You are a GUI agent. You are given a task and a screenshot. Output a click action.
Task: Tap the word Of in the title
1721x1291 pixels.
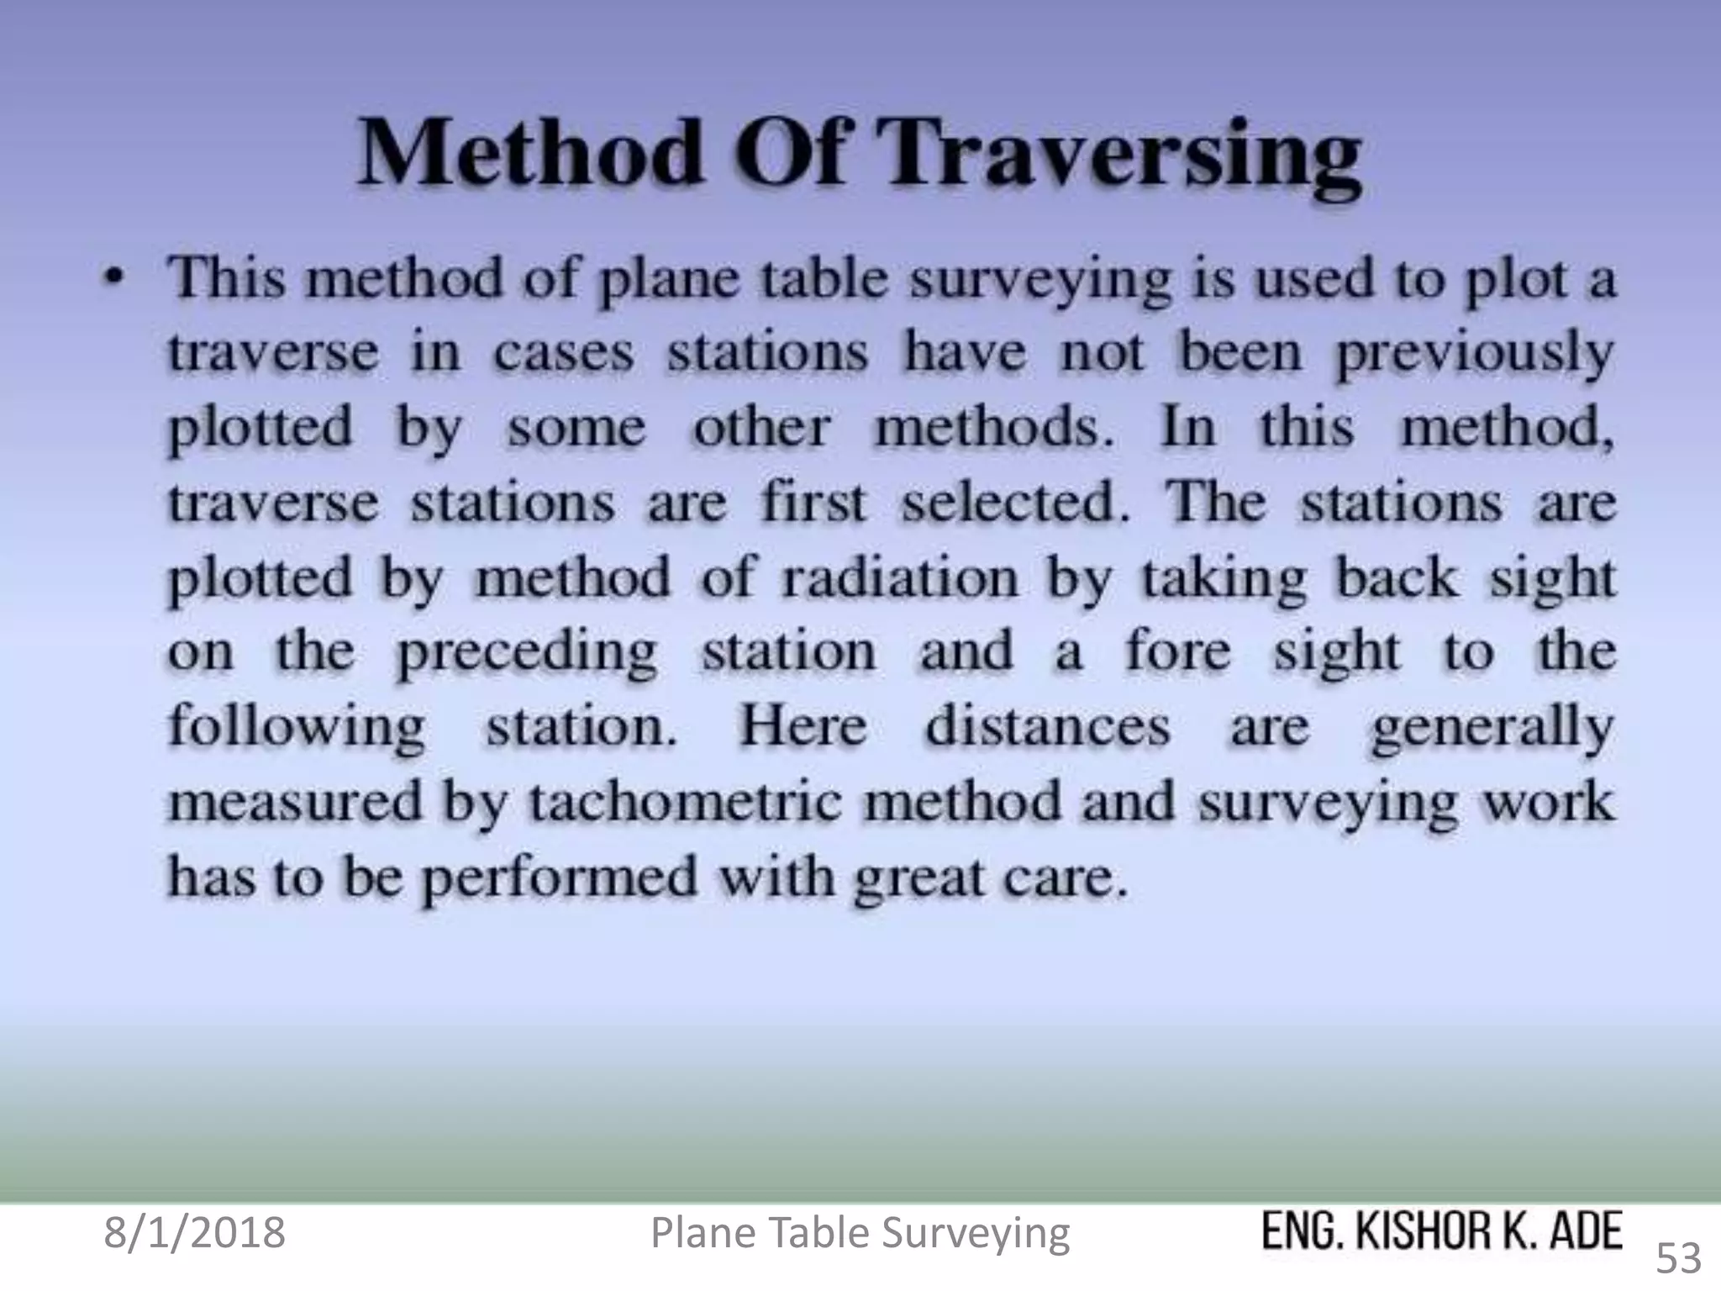[x=790, y=154]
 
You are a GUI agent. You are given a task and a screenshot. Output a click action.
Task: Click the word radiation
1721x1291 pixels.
[x=899, y=578]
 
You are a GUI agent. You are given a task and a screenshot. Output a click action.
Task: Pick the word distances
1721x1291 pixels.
[x=1047, y=727]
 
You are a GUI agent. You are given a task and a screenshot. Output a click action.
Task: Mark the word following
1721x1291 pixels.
[x=297, y=728]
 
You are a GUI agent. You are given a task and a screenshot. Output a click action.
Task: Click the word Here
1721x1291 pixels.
[x=803, y=727]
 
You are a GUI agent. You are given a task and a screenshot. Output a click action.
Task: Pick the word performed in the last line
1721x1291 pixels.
[x=559, y=879]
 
